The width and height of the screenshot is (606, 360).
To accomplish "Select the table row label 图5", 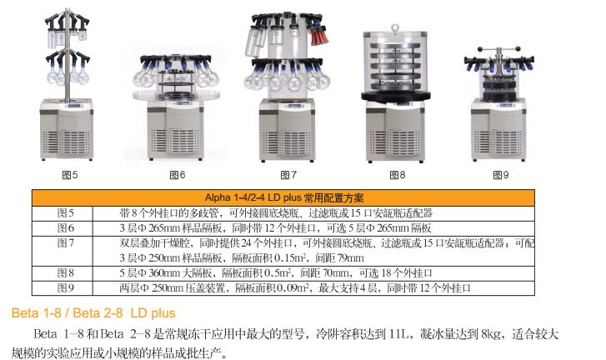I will pyautogui.click(x=66, y=213).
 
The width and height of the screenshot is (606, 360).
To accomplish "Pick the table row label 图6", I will pyautogui.click(x=66, y=227).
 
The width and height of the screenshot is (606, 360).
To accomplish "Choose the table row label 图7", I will pyautogui.click(x=66, y=242).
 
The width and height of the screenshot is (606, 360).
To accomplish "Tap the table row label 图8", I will pyautogui.click(x=66, y=272).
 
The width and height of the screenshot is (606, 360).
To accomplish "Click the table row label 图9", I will pyautogui.click(x=66, y=287).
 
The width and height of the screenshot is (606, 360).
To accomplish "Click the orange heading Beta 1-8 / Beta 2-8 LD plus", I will pyautogui.click(x=93, y=313).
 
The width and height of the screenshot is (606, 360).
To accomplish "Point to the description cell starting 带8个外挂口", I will pyautogui.click(x=276, y=213).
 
